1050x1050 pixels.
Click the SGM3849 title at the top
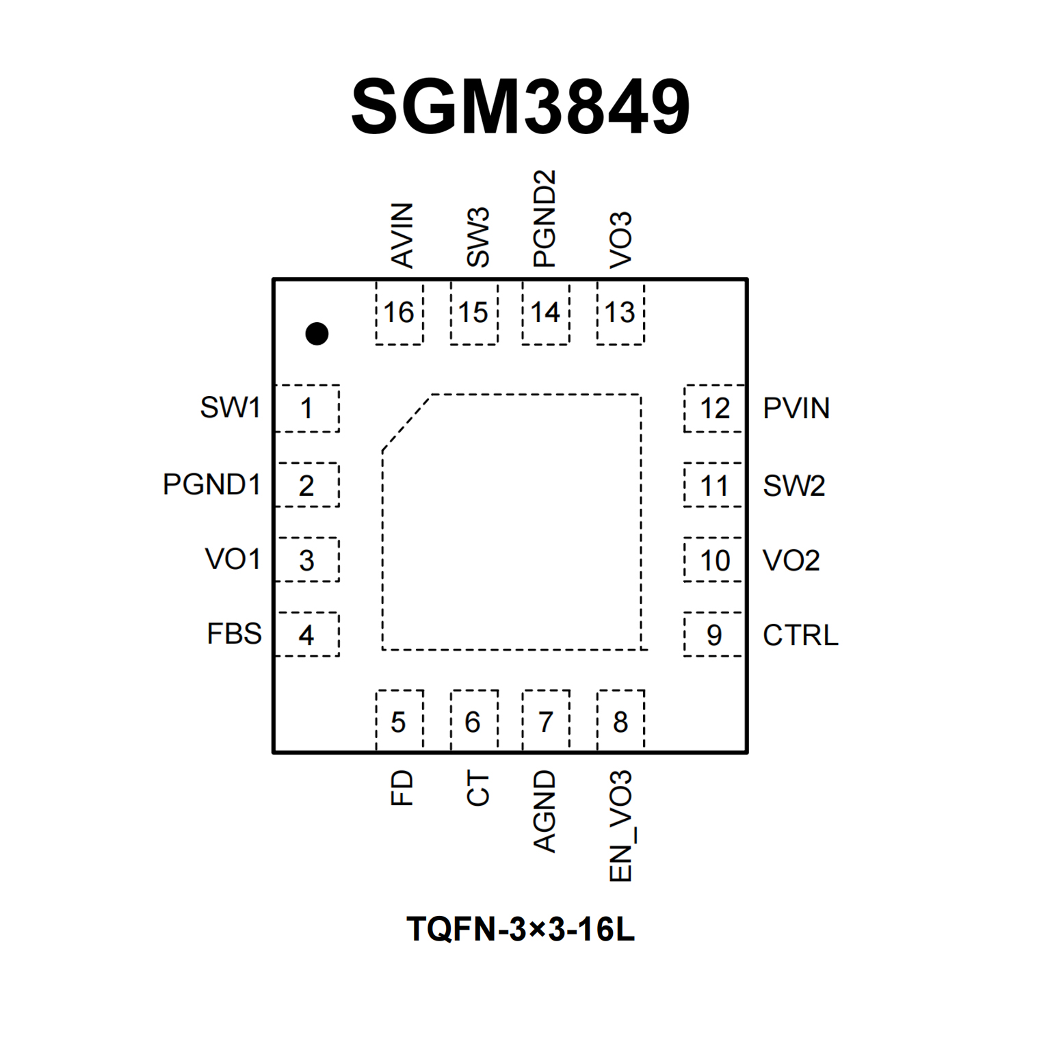521,107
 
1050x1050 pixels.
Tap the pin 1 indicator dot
317,334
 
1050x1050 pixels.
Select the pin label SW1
231,408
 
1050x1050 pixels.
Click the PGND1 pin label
212,485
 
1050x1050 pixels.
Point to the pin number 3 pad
306,561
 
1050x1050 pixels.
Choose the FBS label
234,634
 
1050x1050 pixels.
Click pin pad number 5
399,722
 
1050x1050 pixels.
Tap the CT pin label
477,788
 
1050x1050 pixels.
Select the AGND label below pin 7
544,811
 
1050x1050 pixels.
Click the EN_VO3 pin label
620,826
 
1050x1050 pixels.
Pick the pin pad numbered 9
713,635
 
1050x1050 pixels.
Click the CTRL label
800,635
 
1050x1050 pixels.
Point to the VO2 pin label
791,561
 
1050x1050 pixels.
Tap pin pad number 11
713,486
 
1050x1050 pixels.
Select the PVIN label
796,408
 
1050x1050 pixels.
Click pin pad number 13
620,313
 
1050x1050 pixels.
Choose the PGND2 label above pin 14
544,219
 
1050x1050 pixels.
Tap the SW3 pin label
477,237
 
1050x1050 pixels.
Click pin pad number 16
399,313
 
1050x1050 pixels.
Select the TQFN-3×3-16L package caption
521,930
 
